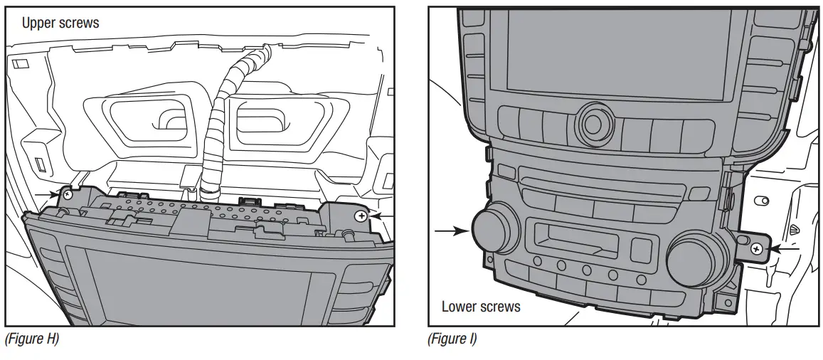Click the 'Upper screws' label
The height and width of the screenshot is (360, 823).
60,23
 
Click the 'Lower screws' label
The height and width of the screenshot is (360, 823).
481,307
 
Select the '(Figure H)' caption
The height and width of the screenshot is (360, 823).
31,339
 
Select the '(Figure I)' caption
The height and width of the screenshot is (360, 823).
452,339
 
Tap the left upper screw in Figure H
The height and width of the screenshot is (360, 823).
68,194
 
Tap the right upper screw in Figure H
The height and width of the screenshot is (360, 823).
361,214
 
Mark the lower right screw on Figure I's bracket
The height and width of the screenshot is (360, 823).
757,248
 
